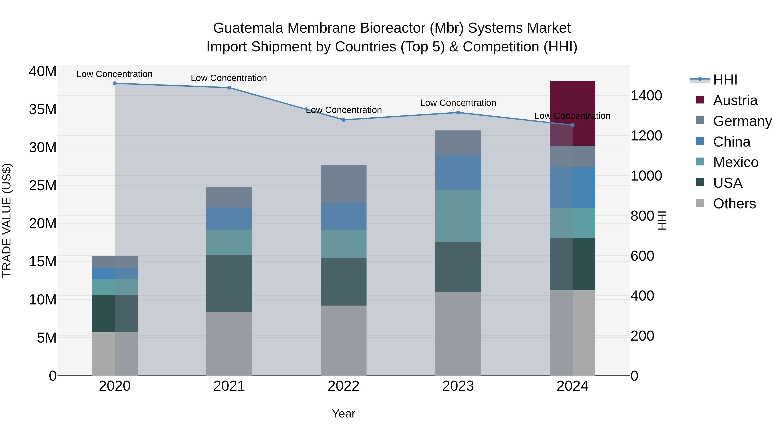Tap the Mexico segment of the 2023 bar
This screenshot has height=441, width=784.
(x=458, y=216)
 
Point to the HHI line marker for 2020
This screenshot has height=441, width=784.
(x=115, y=83)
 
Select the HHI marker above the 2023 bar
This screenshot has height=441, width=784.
(x=458, y=113)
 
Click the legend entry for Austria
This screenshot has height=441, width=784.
(x=735, y=100)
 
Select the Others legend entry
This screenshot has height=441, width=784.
(x=734, y=204)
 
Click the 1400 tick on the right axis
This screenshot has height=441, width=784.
(x=646, y=96)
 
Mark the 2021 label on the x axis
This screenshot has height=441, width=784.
(x=229, y=386)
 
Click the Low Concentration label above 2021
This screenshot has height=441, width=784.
(x=229, y=78)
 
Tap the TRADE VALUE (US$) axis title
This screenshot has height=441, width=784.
(x=7, y=220)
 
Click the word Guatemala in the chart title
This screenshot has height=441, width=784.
(x=248, y=28)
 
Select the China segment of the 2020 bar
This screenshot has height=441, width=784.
(x=115, y=273)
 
